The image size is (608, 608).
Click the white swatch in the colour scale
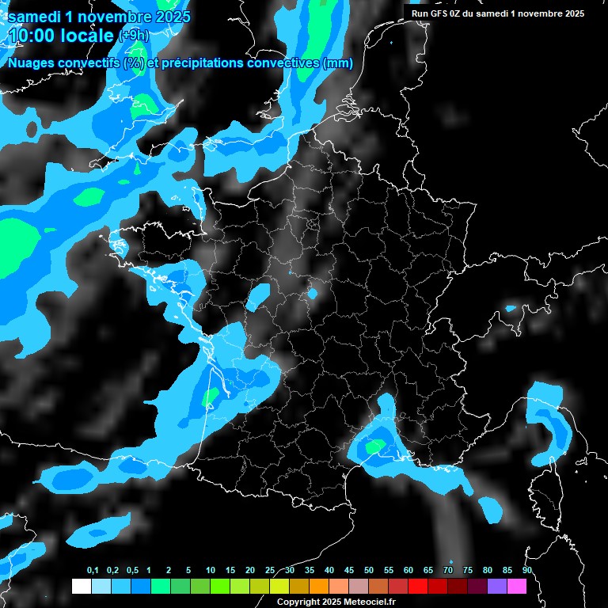[81, 586]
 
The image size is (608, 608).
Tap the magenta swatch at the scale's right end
[516, 586]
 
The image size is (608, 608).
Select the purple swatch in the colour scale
[497, 586]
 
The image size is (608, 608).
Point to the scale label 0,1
[93, 570]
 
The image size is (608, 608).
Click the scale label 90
[526, 570]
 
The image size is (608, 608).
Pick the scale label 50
[369, 570]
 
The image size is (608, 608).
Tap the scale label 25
[270, 570]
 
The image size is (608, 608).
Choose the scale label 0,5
[132, 570]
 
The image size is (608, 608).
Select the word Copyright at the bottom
[297, 602]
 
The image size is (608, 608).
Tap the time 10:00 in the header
[31, 36]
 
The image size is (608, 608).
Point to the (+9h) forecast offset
[133, 36]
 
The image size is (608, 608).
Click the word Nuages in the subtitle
[32, 64]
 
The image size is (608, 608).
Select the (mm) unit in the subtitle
[339, 64]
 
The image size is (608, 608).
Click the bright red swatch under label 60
[418, 586]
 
